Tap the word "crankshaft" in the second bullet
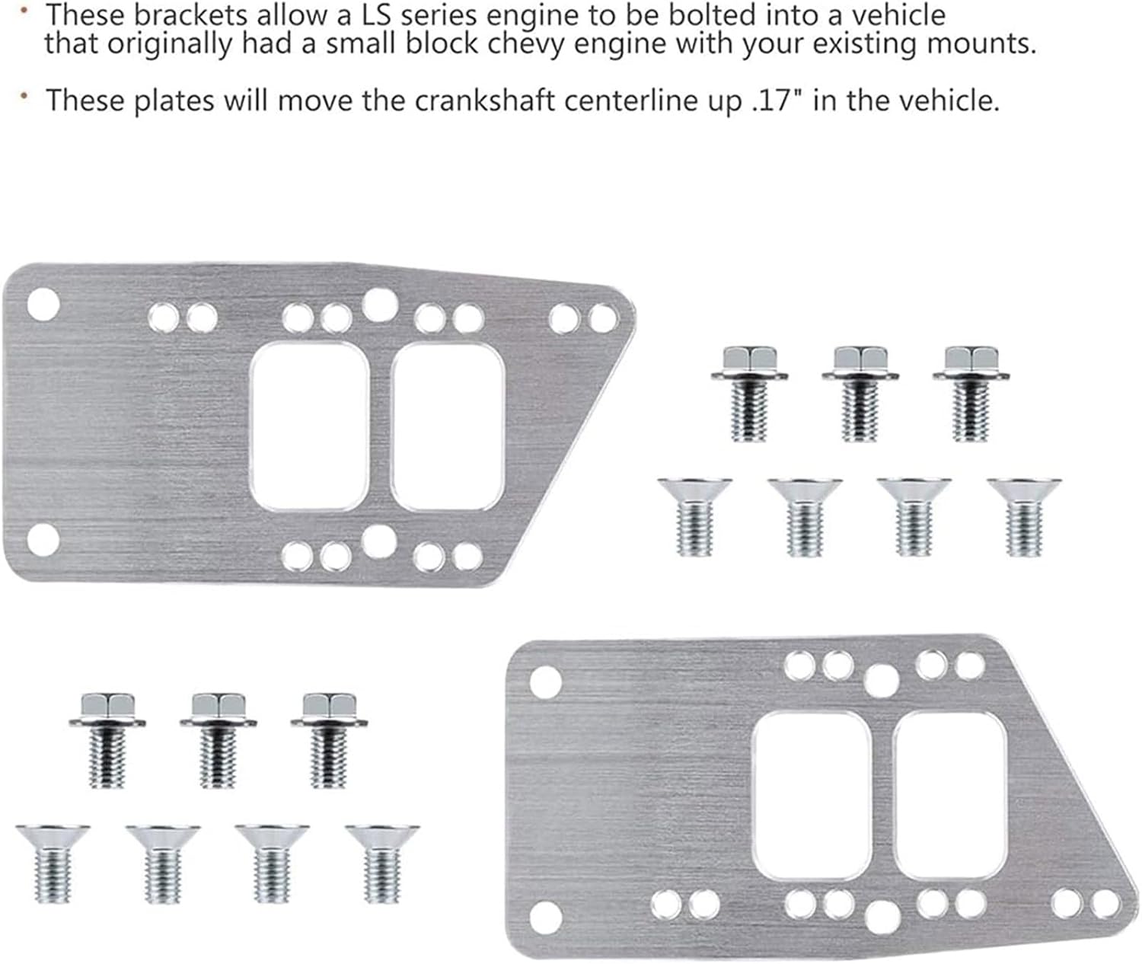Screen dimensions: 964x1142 click(x=458, y=101)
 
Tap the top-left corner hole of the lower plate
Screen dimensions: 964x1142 click(x=546, y=679)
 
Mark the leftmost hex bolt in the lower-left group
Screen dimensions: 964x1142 click(x=107, y=739)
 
